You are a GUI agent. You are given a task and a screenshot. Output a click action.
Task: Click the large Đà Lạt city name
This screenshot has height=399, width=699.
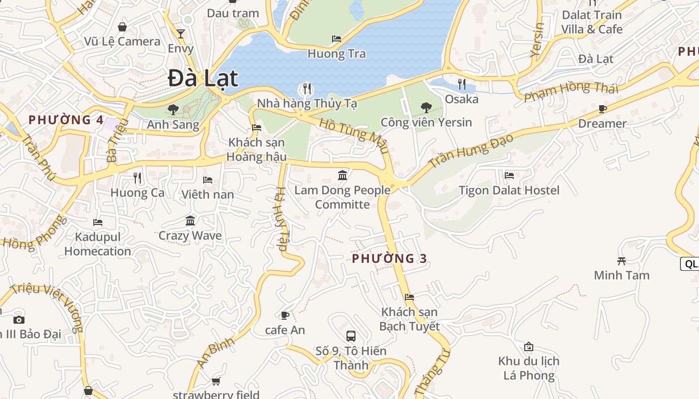[x=203, y=78]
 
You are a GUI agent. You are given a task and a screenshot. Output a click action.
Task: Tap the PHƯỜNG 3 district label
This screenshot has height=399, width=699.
[x=389, y=258]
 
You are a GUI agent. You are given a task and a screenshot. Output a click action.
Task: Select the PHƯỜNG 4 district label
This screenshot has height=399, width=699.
[x=66, y=120]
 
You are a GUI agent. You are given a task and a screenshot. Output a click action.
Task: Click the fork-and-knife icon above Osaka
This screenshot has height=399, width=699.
[x=462, y=84]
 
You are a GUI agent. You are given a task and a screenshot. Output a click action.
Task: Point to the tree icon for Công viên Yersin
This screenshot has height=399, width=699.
[x=426, y=107]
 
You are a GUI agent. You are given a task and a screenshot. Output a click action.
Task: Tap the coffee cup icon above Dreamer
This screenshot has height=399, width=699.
[x=603, y=109]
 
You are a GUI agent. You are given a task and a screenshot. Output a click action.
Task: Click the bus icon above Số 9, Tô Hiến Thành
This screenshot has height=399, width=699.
[x=351, y=336]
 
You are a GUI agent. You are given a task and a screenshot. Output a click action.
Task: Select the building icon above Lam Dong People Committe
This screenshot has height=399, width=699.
[x=343, y=175]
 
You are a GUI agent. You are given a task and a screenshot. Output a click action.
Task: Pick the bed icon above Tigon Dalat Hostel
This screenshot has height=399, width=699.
[x=509, y=175]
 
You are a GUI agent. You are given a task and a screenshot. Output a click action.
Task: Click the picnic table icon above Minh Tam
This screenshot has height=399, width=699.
[x=622, y=260]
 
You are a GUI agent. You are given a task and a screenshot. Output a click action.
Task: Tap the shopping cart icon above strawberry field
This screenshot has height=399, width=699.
[x=216, y=382]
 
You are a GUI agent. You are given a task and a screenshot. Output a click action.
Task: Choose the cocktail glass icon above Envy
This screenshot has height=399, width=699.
[x=181, y=34]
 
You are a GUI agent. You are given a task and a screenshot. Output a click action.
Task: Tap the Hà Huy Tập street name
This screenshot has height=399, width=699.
[x=282, y=219]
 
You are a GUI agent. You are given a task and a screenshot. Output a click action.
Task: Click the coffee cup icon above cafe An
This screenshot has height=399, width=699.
[x=285, y=315]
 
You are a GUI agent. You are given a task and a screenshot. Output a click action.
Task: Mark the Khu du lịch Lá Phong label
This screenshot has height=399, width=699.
[x=529, y=368]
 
